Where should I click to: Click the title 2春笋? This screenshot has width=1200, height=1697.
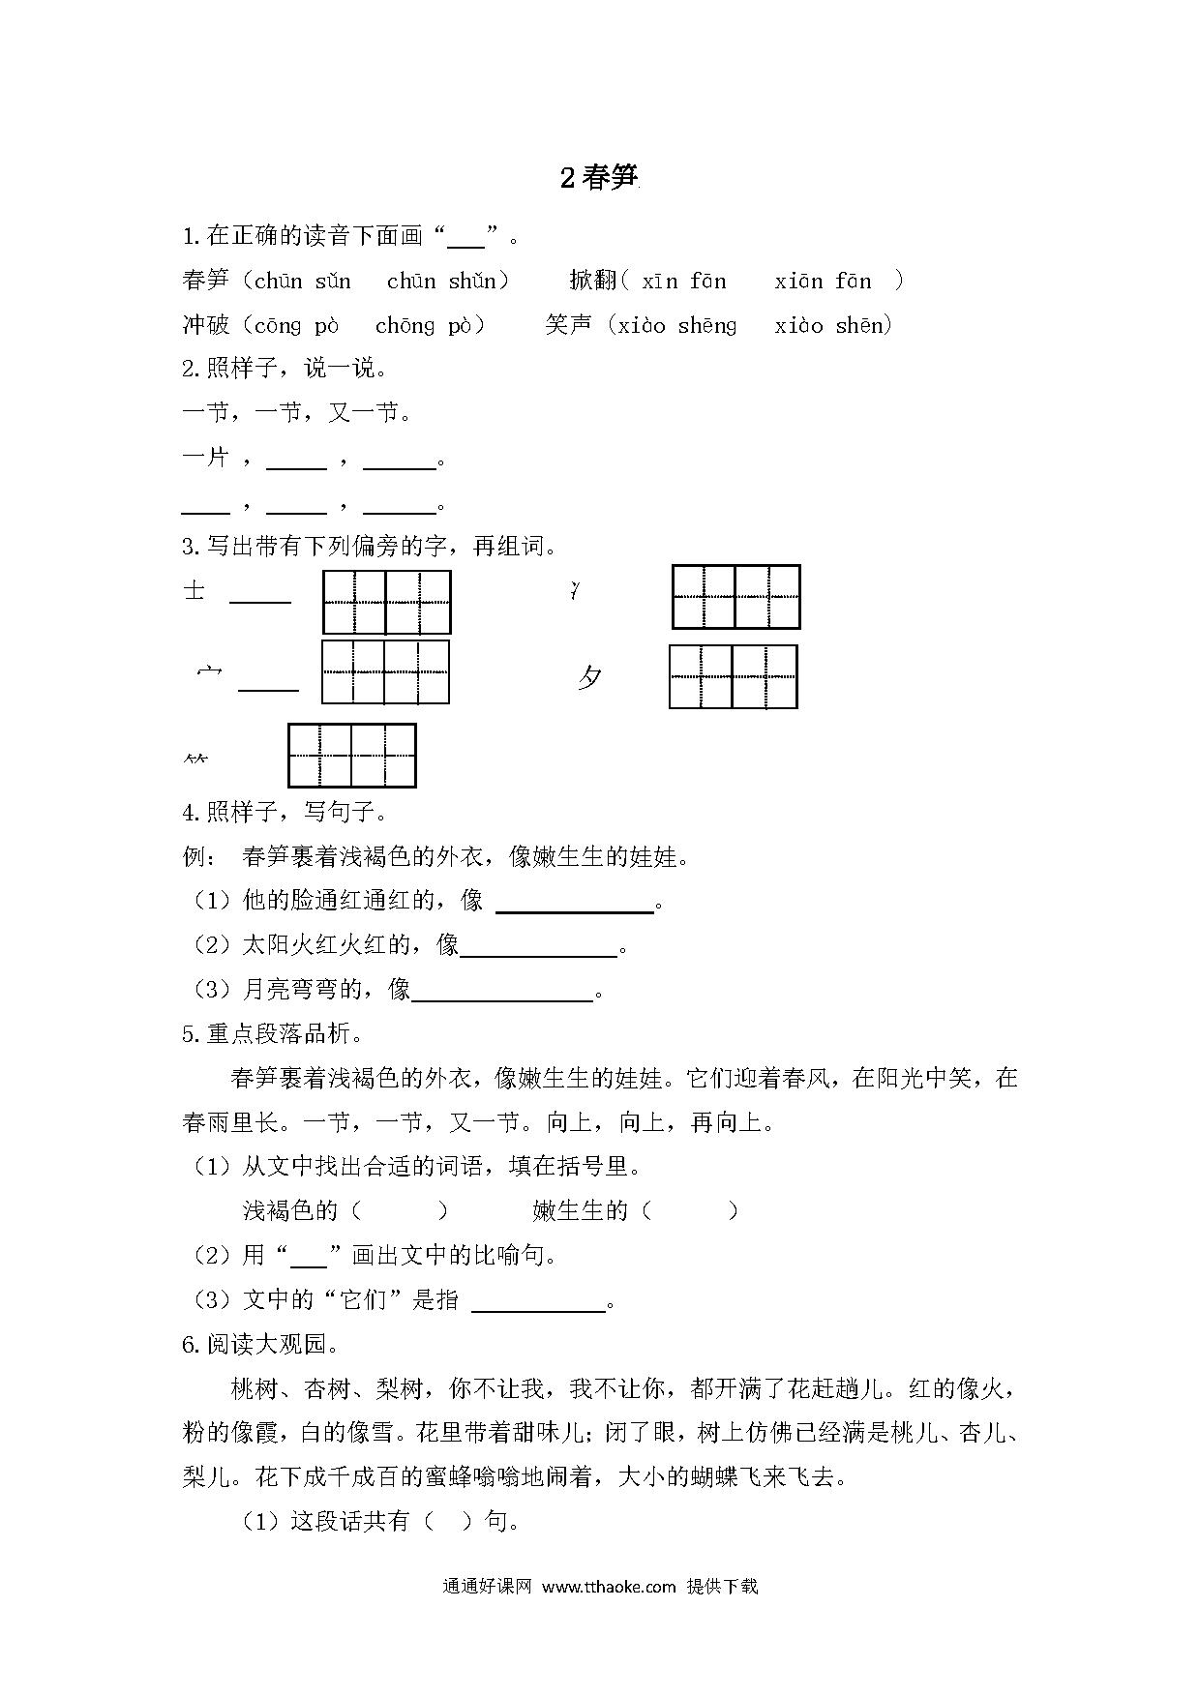click(x=600, y=178)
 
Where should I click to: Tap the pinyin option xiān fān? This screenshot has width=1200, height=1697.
click(x=823, y=282)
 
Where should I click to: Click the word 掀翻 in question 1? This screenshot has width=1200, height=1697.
click(x=592, y=282)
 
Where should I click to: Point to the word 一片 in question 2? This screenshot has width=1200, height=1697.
click(x=206, y=457)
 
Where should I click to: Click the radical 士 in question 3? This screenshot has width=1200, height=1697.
click(x=195, y=590)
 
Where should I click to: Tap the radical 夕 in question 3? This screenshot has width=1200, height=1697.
click(x=589, y=678)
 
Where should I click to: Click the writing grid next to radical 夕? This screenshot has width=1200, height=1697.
click(x=733, y=676)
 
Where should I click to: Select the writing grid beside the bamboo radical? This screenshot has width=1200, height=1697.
click(x=351, y=755)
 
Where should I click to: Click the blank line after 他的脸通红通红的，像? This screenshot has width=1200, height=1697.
click(x=575, y=904)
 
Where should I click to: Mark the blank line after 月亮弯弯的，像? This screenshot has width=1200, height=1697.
click(x=501, y=993)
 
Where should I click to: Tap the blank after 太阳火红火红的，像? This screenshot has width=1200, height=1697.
click(x=539, y=948)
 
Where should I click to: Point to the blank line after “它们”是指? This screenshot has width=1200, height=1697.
click(x=538, y=1302)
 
